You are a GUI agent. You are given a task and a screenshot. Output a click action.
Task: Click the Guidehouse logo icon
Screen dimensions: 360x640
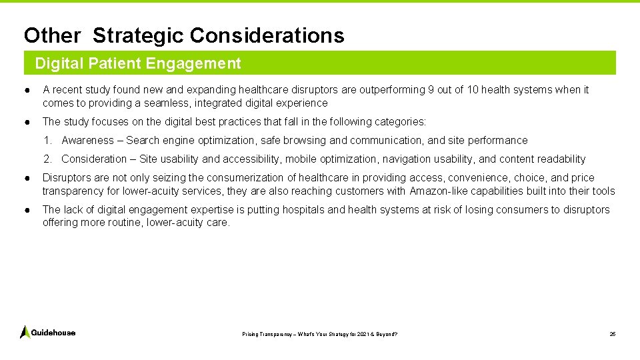[x=25, y=332]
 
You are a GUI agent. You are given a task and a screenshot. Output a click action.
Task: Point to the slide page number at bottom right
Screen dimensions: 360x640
[x=612, y=333]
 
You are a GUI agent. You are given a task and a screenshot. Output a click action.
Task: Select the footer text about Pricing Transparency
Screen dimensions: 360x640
[x=319, y=333]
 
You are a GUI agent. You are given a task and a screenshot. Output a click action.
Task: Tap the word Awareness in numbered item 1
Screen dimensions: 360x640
[x=87, y=141]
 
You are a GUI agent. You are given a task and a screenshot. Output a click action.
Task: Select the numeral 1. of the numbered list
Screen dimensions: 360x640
[x=48, y=141]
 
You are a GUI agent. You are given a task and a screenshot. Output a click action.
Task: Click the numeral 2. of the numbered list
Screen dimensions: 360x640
[x=48, y=159]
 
